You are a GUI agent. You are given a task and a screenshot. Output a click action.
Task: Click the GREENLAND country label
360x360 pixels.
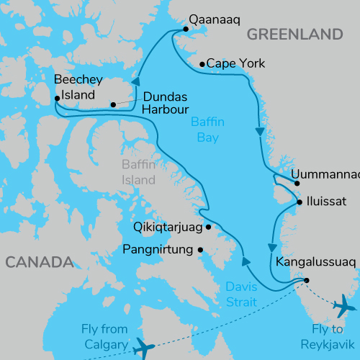[x=294, y=35]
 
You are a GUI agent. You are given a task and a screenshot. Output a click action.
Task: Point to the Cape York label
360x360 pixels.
[x=235, y=63]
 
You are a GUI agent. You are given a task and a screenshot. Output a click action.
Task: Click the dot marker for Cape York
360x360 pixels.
[x=202, y=63]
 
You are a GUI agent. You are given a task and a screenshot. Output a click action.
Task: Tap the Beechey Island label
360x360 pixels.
[x=78, y=86]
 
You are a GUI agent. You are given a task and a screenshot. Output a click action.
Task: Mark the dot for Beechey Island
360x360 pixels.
[x=57, y=99]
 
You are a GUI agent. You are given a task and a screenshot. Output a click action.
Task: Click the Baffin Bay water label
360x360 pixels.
[x=207, y=129]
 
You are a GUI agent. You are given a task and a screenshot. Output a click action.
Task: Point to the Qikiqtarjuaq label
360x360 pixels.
[x=168, y=227]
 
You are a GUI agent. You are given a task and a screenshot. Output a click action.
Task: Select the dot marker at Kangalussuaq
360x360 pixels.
[x=307, y=280]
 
